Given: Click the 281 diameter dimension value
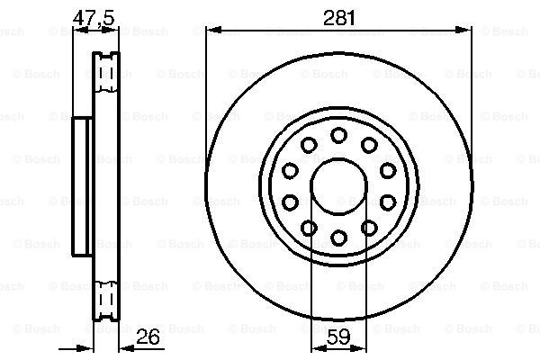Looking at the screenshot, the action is point(339,18).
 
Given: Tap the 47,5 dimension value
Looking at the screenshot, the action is point(94,17).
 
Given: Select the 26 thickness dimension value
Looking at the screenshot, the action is point(148,337).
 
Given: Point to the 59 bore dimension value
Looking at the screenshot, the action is point(338,337).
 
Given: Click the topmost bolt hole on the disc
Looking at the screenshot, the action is point(338,135).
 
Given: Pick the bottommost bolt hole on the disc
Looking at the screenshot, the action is point(338,238).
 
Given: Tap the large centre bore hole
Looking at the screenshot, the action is point(339,186).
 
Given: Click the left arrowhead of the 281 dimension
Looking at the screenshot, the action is point(213,31).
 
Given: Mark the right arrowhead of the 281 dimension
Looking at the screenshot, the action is point(463,31).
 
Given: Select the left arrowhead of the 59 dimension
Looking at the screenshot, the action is point(319,348).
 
